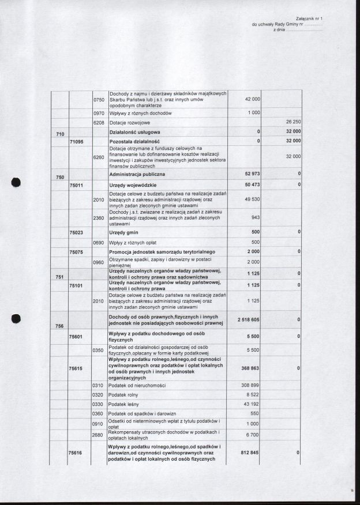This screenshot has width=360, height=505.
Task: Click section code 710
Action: pyautogui.click(x=59, y=134)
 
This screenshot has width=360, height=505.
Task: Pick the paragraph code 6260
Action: pyautogui.click(x=99, y=156)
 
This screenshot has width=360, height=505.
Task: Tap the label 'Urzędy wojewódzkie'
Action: pyautogui.click(x=134, y=184)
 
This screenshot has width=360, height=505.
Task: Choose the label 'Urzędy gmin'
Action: pyautogui.click(x=123, y=232)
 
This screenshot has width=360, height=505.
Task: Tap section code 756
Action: pyautogui.click(x=59, y=326)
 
